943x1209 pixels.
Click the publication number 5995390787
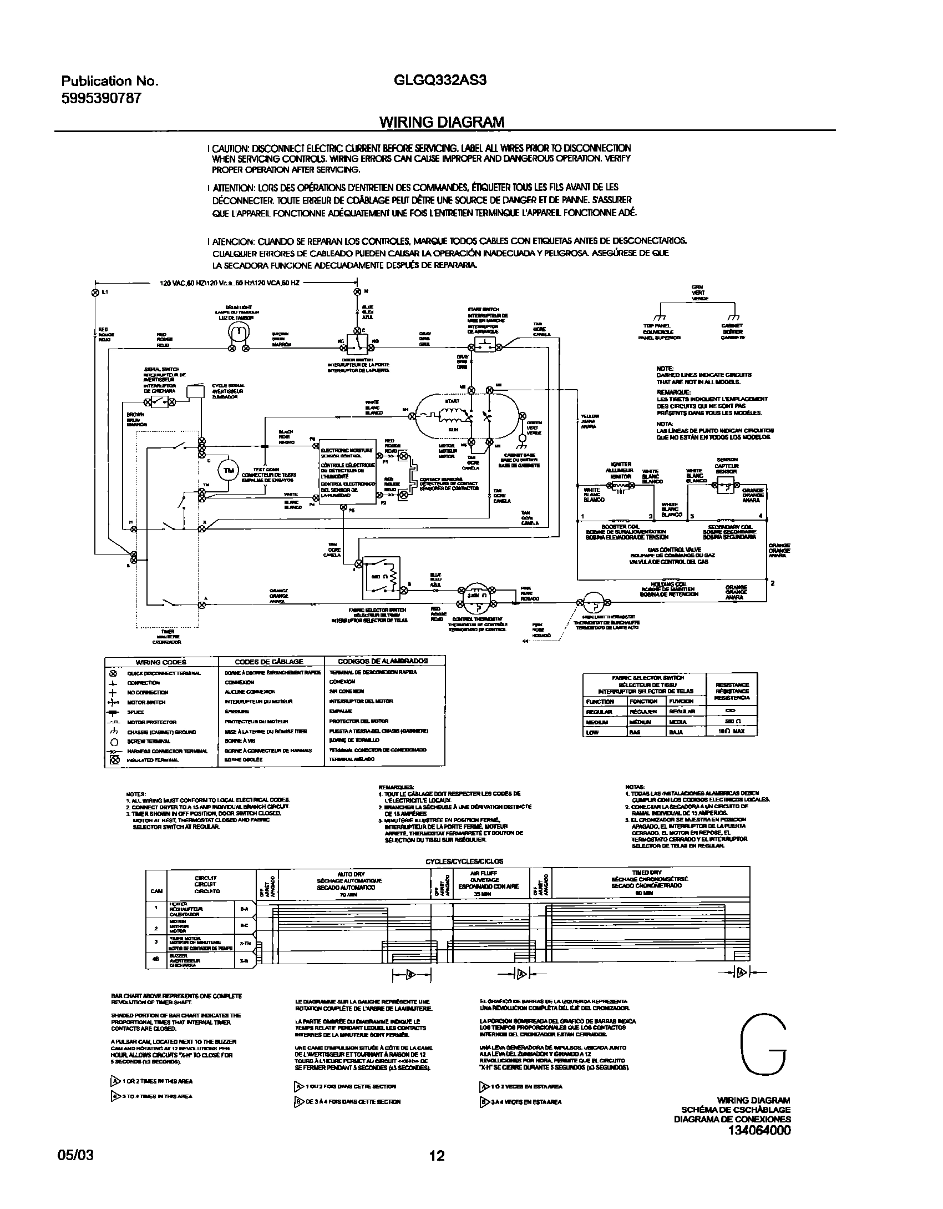101,98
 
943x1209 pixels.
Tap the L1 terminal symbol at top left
95,292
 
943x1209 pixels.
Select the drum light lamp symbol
239,331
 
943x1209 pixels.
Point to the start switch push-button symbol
485,344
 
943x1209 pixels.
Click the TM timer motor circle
228,471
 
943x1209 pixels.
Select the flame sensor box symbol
726,487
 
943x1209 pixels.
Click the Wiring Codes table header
161,662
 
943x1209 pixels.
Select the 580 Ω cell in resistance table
731,721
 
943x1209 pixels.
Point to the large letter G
764,1045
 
